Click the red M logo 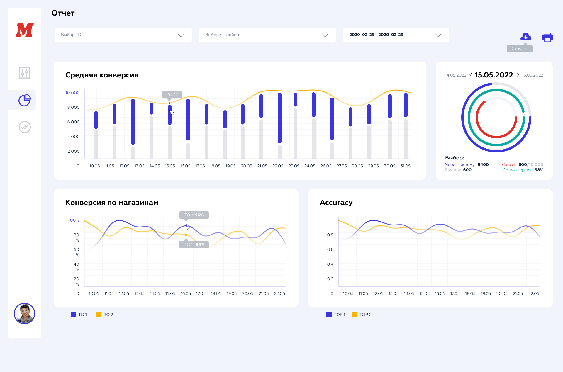click(x=25, y=30)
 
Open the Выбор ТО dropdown click(x=123, y=35)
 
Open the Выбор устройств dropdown click(x=267, y=35)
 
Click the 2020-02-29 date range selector click(x=396, y=35)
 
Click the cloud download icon click(x=525, y=37)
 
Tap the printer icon click(x=547, y=38)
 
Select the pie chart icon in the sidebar click(x=25, y=100)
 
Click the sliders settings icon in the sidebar click(x=25, y=73)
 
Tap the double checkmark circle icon click(x=25, y=127)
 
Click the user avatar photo click(x=25, y=313)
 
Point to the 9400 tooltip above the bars click(x=172, y=95)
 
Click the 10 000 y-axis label click(x=72, y=93)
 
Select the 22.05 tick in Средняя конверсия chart click(x=278, y=166)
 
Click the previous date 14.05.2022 click(x=455, y=75)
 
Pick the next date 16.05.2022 click(x=532, y=75)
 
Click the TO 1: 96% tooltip click(x=194, y=215)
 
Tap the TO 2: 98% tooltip click(x=194, y=244)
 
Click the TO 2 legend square click(x=99, y=315)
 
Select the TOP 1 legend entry click(x=336, y=315)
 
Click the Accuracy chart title click(x=336, y=203)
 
